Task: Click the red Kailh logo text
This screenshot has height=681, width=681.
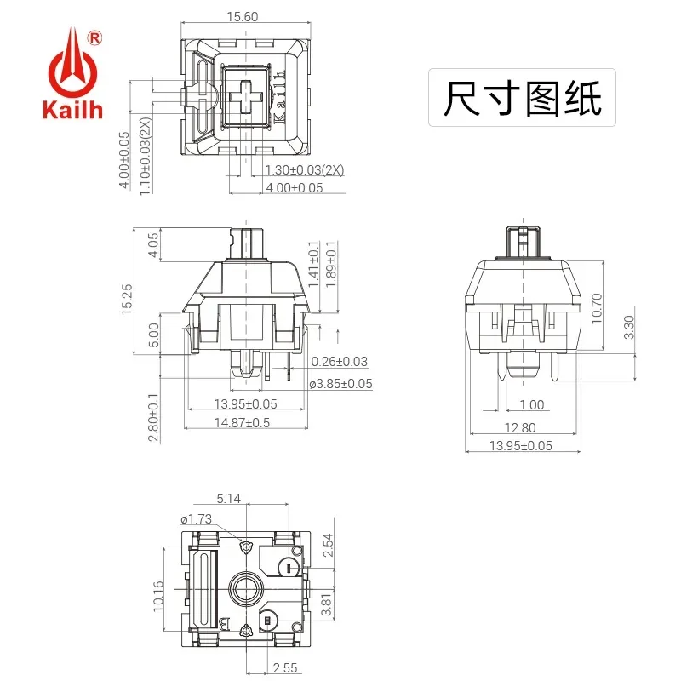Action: point(72,110)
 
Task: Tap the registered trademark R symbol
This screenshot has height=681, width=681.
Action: point(94,38)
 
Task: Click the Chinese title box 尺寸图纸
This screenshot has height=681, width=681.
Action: point(522,98)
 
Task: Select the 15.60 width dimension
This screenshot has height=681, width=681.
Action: point(243,16)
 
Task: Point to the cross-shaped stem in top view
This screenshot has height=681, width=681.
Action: point(246,97)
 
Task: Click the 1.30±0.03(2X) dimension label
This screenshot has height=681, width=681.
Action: point(305,169)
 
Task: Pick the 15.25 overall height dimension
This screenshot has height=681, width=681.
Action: point(127,300)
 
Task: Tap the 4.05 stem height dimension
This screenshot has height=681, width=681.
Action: point(153,245)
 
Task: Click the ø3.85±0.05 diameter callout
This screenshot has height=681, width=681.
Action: point(341,384)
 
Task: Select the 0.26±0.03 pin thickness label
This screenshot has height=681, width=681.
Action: point(339,361)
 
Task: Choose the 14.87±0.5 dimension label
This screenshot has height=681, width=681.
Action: point(242,422)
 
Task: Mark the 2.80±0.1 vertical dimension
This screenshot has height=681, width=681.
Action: point(153,417)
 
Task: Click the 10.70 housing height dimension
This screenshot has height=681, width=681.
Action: point(597,308)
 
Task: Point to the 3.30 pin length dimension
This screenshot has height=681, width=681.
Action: point(628,327)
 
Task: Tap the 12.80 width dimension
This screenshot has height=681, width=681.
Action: point(520,428)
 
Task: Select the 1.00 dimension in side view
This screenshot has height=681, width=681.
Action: point(531,405)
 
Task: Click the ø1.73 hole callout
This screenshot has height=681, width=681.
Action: point(197,519)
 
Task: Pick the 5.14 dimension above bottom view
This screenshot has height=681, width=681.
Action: point(228,498)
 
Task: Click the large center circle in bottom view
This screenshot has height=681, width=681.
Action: point(246,589)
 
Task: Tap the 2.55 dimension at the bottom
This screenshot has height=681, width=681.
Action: point(285,667)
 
